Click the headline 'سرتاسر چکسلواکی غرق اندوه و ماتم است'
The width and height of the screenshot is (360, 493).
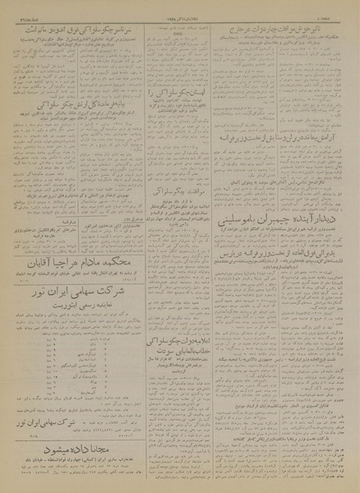point(73,30)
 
